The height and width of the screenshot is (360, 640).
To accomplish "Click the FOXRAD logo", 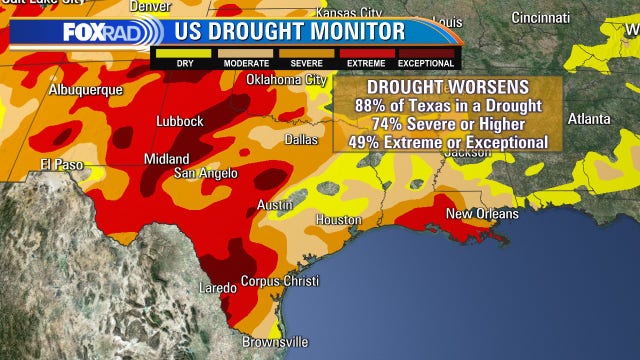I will click(103, 32).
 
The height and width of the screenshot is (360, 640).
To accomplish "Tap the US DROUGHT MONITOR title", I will click(290, 31).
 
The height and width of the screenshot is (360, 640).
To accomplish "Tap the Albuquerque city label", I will click(86, 89).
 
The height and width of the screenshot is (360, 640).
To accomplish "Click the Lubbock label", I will click(180, 121).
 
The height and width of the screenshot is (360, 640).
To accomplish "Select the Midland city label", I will click(166, 159).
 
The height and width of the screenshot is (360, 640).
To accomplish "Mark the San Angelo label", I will click(208, 173).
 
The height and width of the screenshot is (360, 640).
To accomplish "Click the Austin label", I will click(275, 204).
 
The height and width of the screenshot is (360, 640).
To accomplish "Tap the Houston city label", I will click(338, 219).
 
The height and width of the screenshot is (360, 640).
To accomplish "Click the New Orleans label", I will click(482, 213).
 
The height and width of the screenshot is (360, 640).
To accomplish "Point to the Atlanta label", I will click(588, 117).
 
